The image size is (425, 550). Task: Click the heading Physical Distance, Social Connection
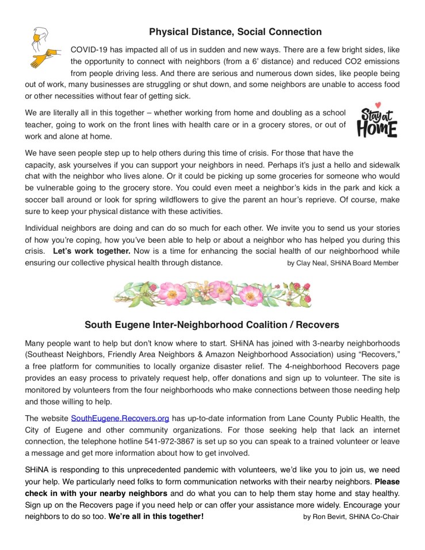click(x=235, y=32)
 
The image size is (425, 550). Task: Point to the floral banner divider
click(x=212, y=294)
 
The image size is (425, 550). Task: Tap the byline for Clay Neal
click(x=342, y=263)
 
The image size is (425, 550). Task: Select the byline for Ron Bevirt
click(x=351, y=516)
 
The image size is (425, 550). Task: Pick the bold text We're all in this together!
click(x=156, y=516)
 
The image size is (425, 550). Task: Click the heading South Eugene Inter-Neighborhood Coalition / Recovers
click(x=212, y=324)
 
